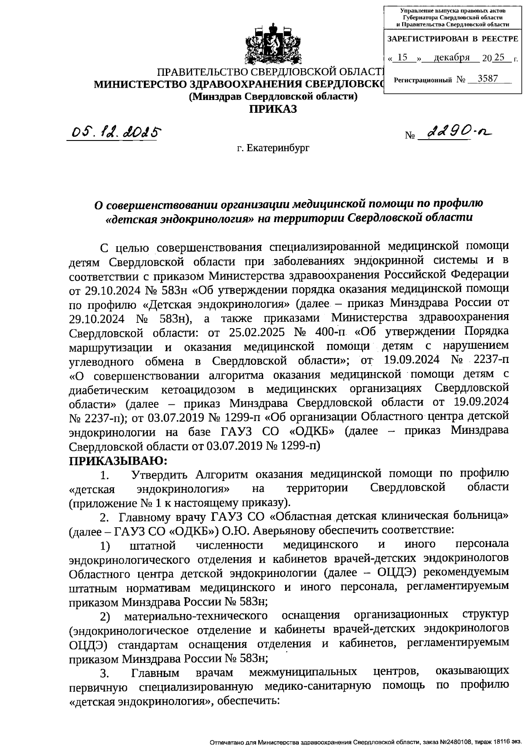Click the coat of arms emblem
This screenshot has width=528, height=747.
pos(272,44)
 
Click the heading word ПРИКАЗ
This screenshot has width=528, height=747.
pos(273,109)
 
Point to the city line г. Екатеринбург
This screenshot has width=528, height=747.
pos(273,148)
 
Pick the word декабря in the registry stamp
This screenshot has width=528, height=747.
pos(451,58)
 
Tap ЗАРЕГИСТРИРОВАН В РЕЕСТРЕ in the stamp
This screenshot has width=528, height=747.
pos(453,39)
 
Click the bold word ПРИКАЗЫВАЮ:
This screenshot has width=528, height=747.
pos(118,461)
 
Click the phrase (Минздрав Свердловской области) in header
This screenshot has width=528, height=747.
pos(273,96)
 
